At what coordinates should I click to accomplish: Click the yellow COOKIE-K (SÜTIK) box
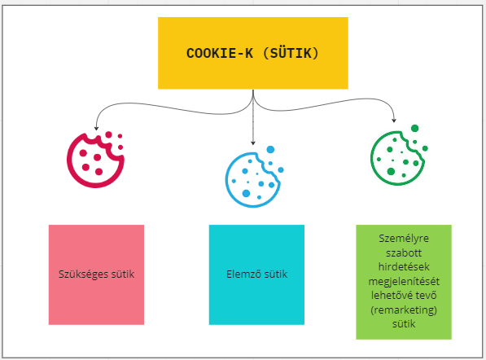click(253, 53)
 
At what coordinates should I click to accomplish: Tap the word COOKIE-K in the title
click(220, 53)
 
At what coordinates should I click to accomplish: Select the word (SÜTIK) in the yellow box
click(291, 53)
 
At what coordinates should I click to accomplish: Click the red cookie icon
click(95, 160)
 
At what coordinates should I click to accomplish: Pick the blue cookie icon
click(254, 177)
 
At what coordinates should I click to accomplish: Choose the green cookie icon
click(399, 155)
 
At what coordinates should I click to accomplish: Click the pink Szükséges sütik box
click(96, 274)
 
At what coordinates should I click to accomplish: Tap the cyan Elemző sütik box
click(256, 274)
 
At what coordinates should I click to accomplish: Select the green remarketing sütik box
click(404, 282)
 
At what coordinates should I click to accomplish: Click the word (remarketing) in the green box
click(404, 310)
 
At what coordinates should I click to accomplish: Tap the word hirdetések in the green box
click(404, 266)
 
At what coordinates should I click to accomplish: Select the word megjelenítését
click(404, 282)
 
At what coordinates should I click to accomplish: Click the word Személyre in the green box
click(404, 239)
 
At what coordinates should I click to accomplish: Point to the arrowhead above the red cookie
click(96, 129)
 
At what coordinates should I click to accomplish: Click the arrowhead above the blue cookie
click(253, 143)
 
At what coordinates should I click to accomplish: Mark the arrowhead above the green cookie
click(394, 121)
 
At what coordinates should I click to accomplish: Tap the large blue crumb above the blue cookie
click(270, 150)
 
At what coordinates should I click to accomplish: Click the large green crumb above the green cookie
click(414, 129)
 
